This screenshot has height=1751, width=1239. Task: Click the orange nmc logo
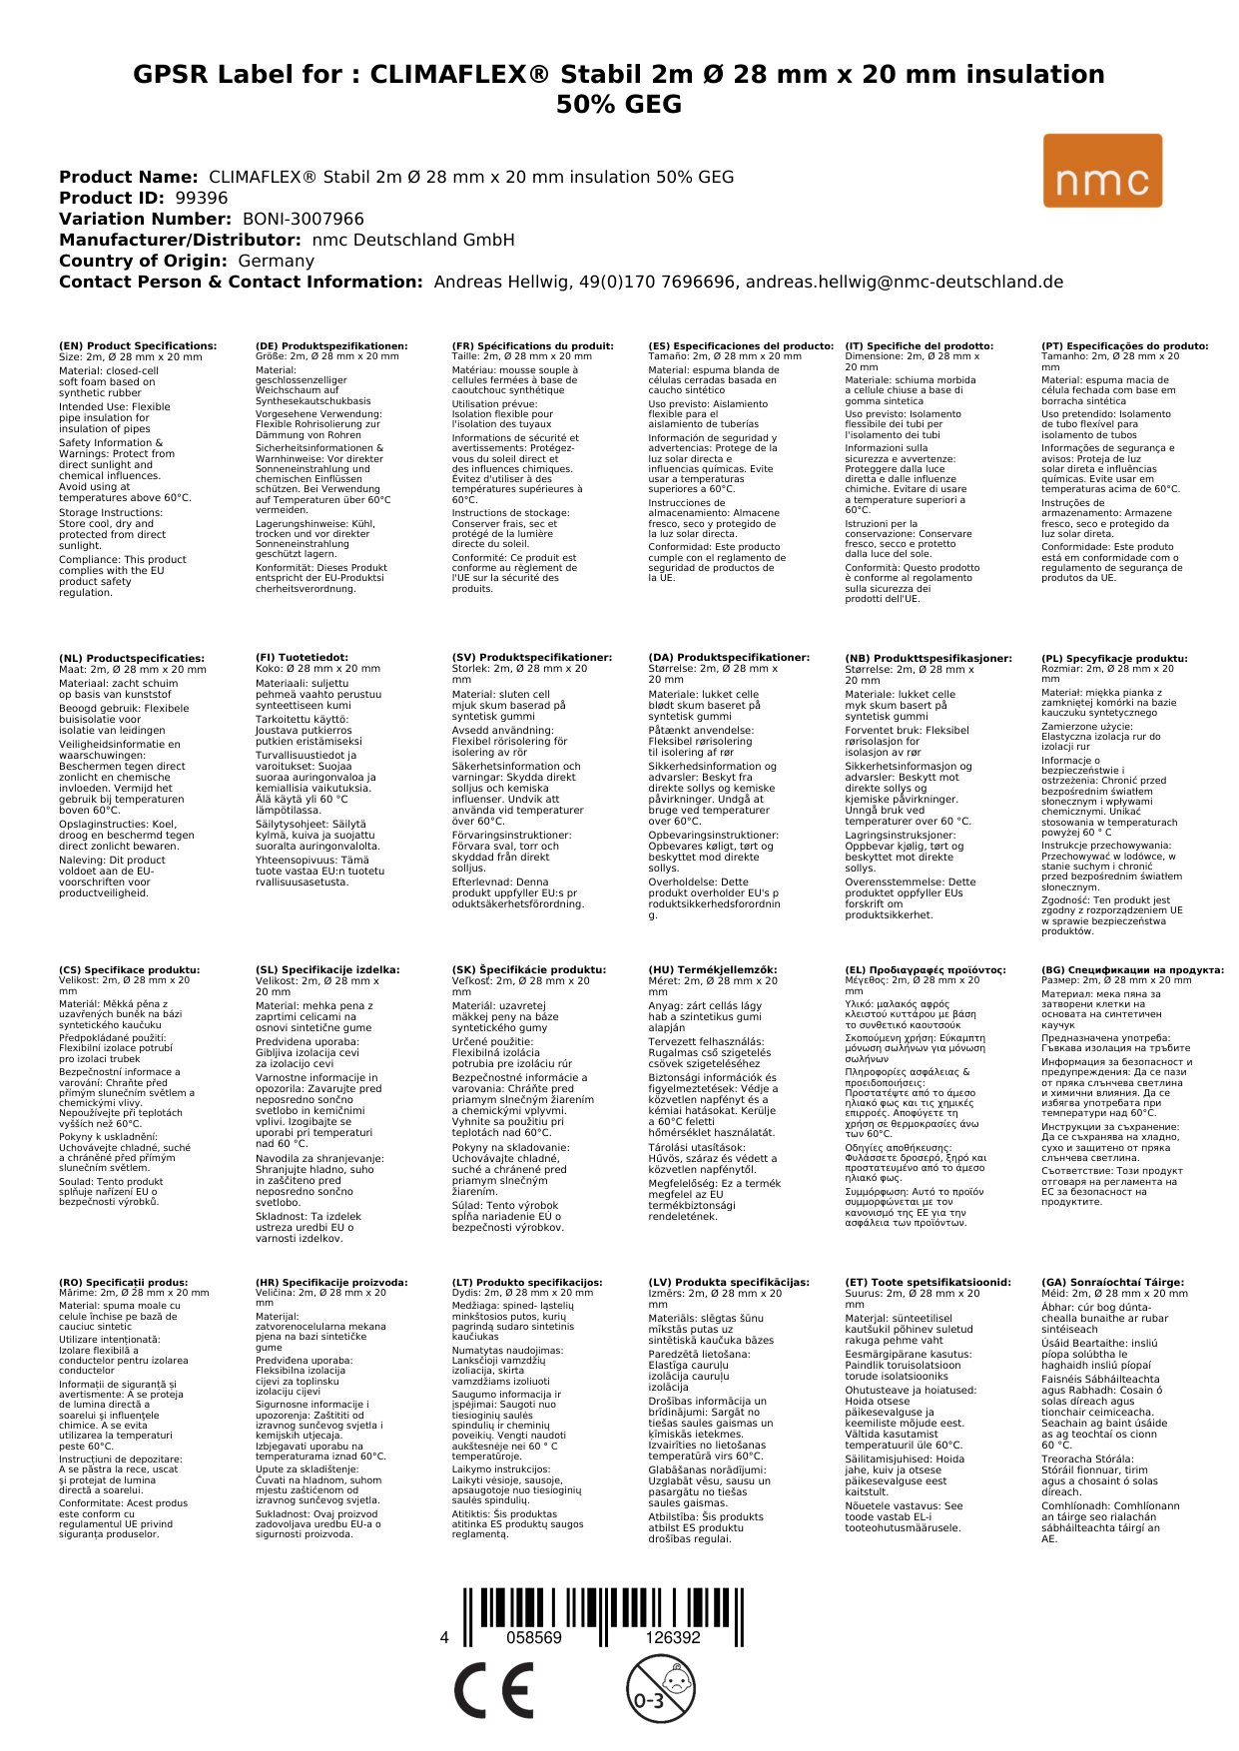pyautogui.click(x=1102, y=171)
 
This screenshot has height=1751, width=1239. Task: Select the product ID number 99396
pyautogui.click(x=201, y=198)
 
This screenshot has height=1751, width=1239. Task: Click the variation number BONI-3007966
pyautogui.click(x=304, y=219)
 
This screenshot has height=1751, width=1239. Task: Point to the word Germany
pyautogui.click(x=276, y=261)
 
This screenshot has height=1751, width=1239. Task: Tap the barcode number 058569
pyautogui.click(x=534, y=1637)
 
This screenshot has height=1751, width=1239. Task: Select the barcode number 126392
pyautogui.click(x=672, y=1637)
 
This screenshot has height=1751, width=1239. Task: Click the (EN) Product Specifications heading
pyautogui.click(x=138, y=346)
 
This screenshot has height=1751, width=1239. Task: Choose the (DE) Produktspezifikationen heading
pyautogui.click(x=331, y=346)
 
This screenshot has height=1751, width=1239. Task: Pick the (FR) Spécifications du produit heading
pyautogui.click(x=532, y=346)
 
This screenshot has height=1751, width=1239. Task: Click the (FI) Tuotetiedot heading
pyautogui.click(x=302, y=658)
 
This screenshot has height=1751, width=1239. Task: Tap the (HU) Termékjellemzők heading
pyautogui.click(x=712, y=969)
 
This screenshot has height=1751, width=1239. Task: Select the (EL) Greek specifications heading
pyautogui.click(x=926, y=969)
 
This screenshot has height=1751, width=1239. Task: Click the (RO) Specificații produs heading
pyautogui.click(x=123, y=1282)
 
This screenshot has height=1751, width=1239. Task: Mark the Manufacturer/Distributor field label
pyautogui.click(x=180, y=240)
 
